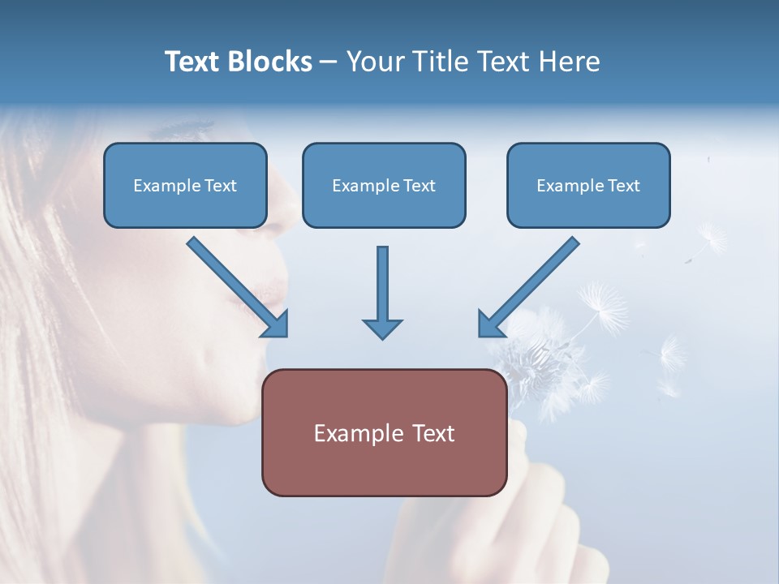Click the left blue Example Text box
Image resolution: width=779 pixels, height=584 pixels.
185,186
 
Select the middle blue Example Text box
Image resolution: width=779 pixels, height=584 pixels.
384,186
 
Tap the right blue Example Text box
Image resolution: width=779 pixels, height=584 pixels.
588,186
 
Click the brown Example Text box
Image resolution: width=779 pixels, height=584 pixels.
384,433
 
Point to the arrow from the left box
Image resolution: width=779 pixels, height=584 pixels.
235,285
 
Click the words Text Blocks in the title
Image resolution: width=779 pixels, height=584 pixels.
238,62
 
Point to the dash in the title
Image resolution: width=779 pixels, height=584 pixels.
329,62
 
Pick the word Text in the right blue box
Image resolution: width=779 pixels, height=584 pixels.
624,186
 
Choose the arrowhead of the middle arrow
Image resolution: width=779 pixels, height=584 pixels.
382,328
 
